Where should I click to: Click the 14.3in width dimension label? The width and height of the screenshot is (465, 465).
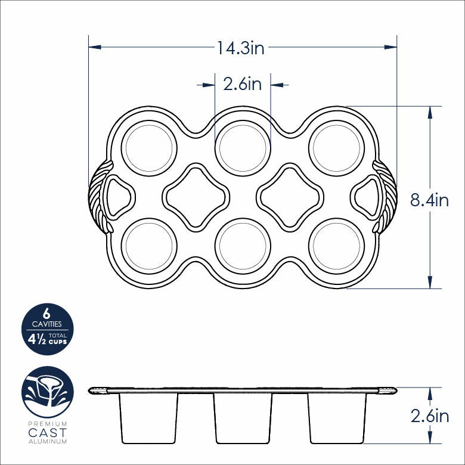(240, 48)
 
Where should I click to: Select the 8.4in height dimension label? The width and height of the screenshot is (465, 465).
(429, 200)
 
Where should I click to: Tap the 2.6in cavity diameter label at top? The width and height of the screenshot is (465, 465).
(242, 84)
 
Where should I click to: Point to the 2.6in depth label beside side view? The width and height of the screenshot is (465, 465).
(429, 416)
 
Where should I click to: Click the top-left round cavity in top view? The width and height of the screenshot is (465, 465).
(149, 148)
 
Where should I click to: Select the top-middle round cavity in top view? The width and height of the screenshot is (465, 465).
(243, 148)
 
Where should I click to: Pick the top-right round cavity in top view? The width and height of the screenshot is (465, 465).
(336, 148)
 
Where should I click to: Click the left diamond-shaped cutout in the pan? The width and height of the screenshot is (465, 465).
(196, 197)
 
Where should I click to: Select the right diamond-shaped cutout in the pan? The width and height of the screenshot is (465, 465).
(290, 197)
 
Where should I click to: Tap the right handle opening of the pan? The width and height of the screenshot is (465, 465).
(366, 197)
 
